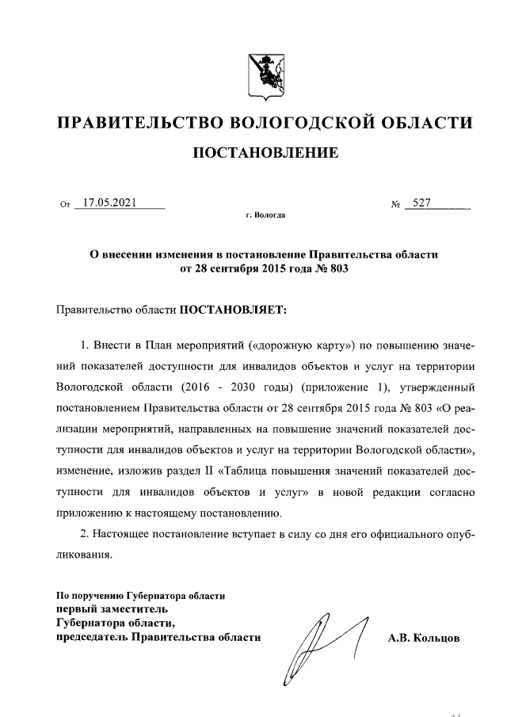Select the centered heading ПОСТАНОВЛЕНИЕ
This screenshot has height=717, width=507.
[x=265, y=152]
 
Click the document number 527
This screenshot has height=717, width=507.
[x=417, y=203]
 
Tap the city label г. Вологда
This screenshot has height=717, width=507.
[x=265, y=215]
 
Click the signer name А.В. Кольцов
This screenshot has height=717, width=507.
[x=423, y=637]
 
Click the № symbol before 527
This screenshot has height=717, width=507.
[x=395, y=204]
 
